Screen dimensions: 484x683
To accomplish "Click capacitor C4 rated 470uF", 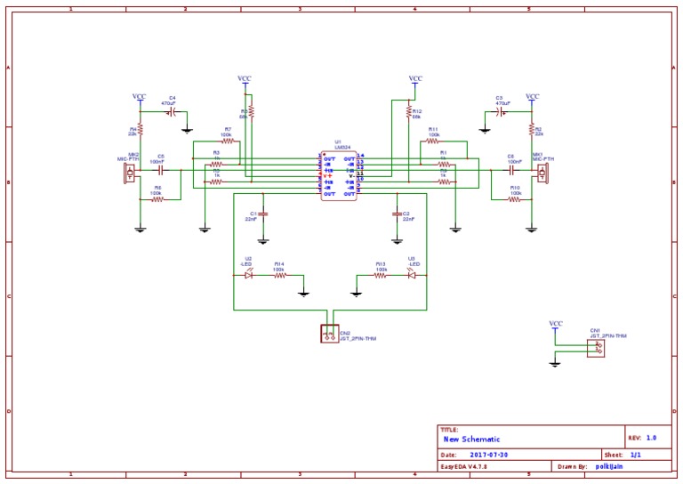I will click(x=173, y=113).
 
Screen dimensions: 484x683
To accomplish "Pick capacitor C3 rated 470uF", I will click(x=502, y=113).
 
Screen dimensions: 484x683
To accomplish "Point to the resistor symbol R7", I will click(x=228, y=141).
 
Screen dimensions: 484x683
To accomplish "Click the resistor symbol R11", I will click(x=433, y=141).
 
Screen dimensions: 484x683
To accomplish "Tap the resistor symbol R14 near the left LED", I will click(x=279, y=275).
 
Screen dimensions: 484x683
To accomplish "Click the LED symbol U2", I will click(x=249, y=275).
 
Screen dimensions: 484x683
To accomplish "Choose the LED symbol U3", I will click(x=411, y=275).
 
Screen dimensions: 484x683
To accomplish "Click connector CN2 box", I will click(x=329, y=334).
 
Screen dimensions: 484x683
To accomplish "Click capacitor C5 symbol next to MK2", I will click(x=160, y=169).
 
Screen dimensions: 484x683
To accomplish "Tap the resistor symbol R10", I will click(x=514, y=199).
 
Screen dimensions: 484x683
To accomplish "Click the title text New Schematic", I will click(x=471, y=440).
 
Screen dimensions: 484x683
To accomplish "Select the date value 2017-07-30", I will click(x=489, y=455).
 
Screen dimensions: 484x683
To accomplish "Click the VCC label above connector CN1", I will click(x=556, y=324).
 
